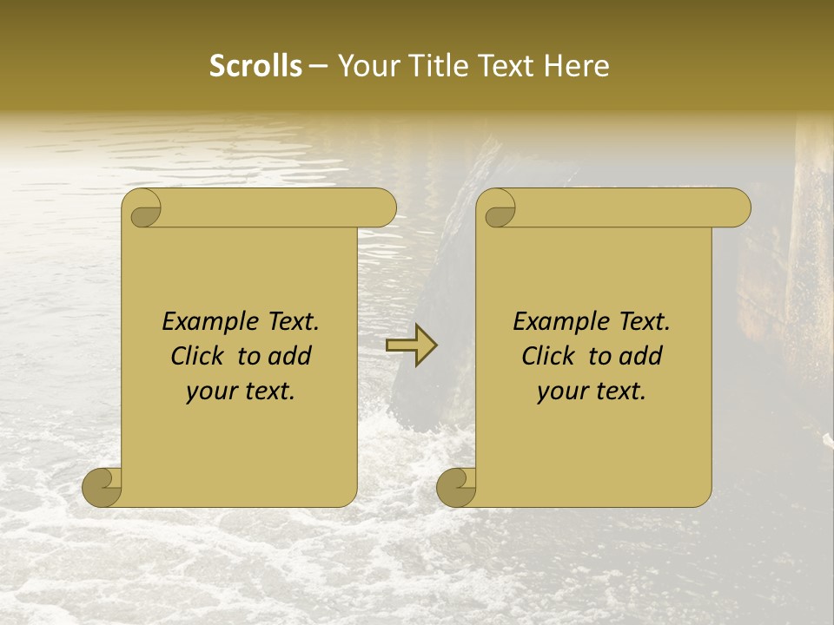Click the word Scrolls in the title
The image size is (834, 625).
coord(256,66)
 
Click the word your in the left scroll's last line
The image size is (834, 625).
coord(210,392)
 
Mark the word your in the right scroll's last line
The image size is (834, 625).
coord(561,392)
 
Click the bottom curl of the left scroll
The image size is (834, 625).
coord(102,487)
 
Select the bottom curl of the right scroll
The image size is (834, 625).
coord(456,487)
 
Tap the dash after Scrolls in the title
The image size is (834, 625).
coord(319,66)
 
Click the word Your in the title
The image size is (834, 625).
coord(366,66)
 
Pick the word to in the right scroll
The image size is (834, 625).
coord(598,357)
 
